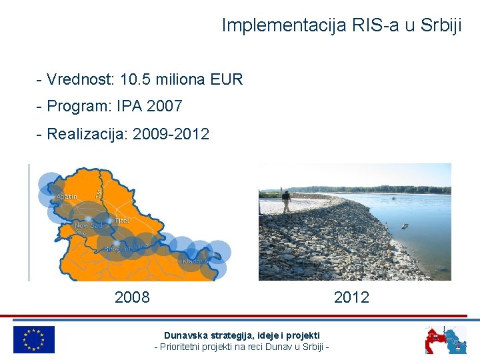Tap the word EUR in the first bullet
coord(227,80)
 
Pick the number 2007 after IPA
coord(164,107)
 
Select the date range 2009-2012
coord(171,134)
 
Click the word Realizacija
coord(87,134)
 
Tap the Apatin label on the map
coord(67,197)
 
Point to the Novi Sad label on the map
coord(89,226)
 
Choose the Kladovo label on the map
coord(195,262)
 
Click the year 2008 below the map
coord(132,297)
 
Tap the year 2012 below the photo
coord(351,297)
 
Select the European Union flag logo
coord(34,339)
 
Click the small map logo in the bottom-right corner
coord(446,339)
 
